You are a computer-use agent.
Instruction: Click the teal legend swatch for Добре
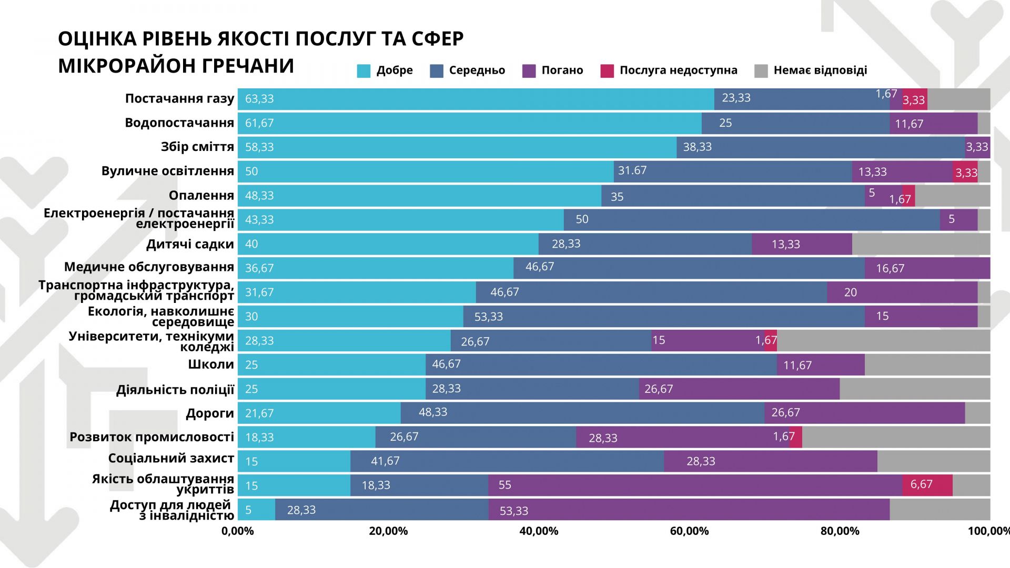[x=363, y=71]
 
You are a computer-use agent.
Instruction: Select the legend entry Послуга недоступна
[x=678, y=70]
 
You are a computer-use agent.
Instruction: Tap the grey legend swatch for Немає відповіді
[x=761, y=71]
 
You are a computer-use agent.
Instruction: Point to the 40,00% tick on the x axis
[x=539, y=531]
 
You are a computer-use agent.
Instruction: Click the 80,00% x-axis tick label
[x=840, y=531]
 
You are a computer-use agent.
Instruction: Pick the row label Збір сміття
[x=197, y=147]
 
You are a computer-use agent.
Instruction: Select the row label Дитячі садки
[x=190, y=244]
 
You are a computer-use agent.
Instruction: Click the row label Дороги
[x=209, y=413]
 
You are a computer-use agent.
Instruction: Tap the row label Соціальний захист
[x=171, y=459]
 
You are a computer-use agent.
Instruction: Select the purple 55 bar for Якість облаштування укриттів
[x=694, y=485]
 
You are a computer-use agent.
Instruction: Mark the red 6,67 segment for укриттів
[x=927, y=485]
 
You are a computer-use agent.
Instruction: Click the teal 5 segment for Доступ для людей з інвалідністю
[x=256, y=510]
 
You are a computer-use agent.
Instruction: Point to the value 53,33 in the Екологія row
[x=489, y=317]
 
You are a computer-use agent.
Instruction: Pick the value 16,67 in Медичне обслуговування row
[x=890, y=268]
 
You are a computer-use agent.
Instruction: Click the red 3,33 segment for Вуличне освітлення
[x=965, y=173]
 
